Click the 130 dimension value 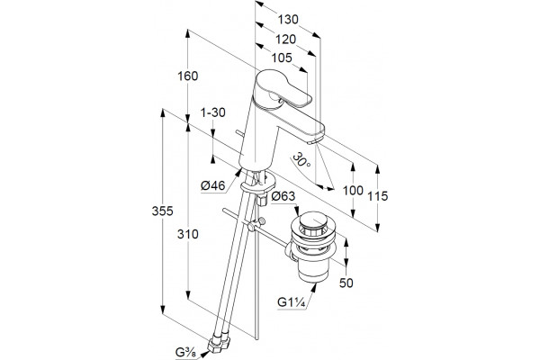288,20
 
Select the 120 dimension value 285,40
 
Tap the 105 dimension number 282,58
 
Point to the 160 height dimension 188,76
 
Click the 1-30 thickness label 213,112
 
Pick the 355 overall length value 163,211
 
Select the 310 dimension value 188,234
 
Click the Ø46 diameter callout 213,186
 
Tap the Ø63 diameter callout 283,196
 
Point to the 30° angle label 301,160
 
